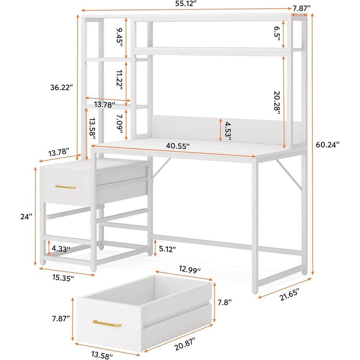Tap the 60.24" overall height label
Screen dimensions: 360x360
pyautogui.click(x=328, y=144)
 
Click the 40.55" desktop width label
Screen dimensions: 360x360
pyautogui.click(x=177, y=146)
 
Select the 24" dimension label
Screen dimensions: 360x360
pyautogui.click(x=27, y=216)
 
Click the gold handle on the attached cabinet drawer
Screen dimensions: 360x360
pyautogui.click(x=66, y=187)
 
